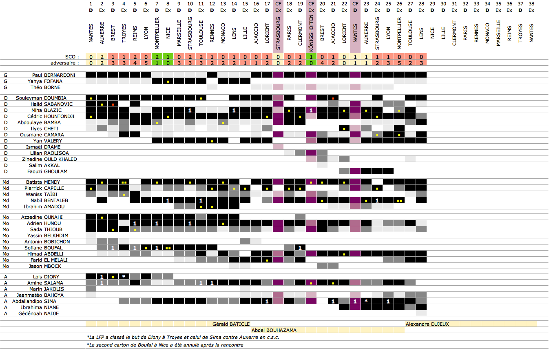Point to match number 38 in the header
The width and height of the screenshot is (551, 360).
point(531,4)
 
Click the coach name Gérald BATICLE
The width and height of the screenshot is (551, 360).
point(231,324)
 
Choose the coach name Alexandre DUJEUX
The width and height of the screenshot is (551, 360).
point(427,324)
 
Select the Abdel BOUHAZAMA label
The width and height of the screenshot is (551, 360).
point(274,330)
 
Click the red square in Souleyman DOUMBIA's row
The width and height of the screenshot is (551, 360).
point(333,98)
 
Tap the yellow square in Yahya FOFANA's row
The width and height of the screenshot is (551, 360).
point(168,81)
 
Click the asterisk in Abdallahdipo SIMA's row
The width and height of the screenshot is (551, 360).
point(366,301)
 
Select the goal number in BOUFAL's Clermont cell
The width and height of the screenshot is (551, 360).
point(300,248)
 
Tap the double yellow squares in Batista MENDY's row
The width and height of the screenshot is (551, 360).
point(124,182)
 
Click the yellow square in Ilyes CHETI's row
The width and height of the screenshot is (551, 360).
point(344,129)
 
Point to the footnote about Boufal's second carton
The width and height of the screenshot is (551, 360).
point(165,345)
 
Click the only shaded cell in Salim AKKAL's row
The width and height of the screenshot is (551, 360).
point(322,165)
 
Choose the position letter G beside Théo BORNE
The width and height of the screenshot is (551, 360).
point(6,87)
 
